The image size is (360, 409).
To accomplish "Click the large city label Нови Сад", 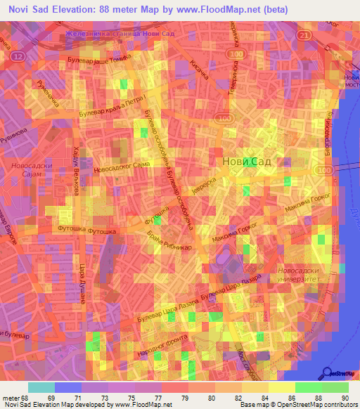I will click(245, 161).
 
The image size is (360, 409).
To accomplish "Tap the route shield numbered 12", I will click(18, 55).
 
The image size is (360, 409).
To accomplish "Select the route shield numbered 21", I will click(303, 34).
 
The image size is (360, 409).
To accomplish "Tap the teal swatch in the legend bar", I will click(41, 387).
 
